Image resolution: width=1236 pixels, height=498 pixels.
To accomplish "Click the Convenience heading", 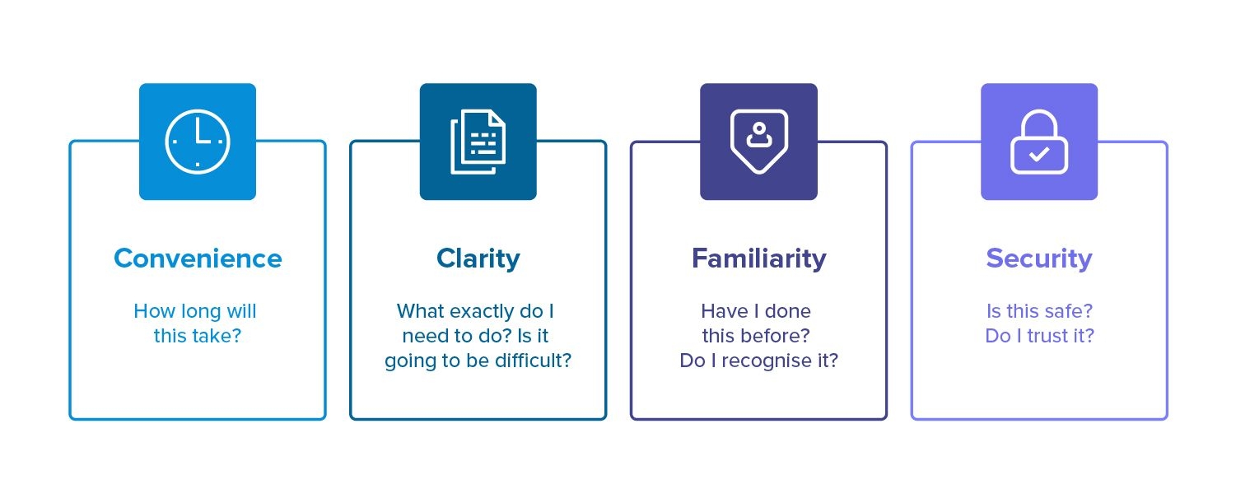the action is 198,258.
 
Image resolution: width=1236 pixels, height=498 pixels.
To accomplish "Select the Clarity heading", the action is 478,259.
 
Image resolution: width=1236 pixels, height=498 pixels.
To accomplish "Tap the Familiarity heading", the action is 758,259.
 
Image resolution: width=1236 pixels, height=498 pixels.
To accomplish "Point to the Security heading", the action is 1039,259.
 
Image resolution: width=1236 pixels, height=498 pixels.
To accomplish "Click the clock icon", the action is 198,142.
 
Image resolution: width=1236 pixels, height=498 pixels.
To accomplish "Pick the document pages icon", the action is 478,142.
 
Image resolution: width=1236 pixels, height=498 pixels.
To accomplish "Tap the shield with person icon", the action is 758,142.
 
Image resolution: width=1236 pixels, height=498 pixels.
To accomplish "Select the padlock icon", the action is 1039,142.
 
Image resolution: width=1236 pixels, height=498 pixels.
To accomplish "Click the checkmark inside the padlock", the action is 1039,154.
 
